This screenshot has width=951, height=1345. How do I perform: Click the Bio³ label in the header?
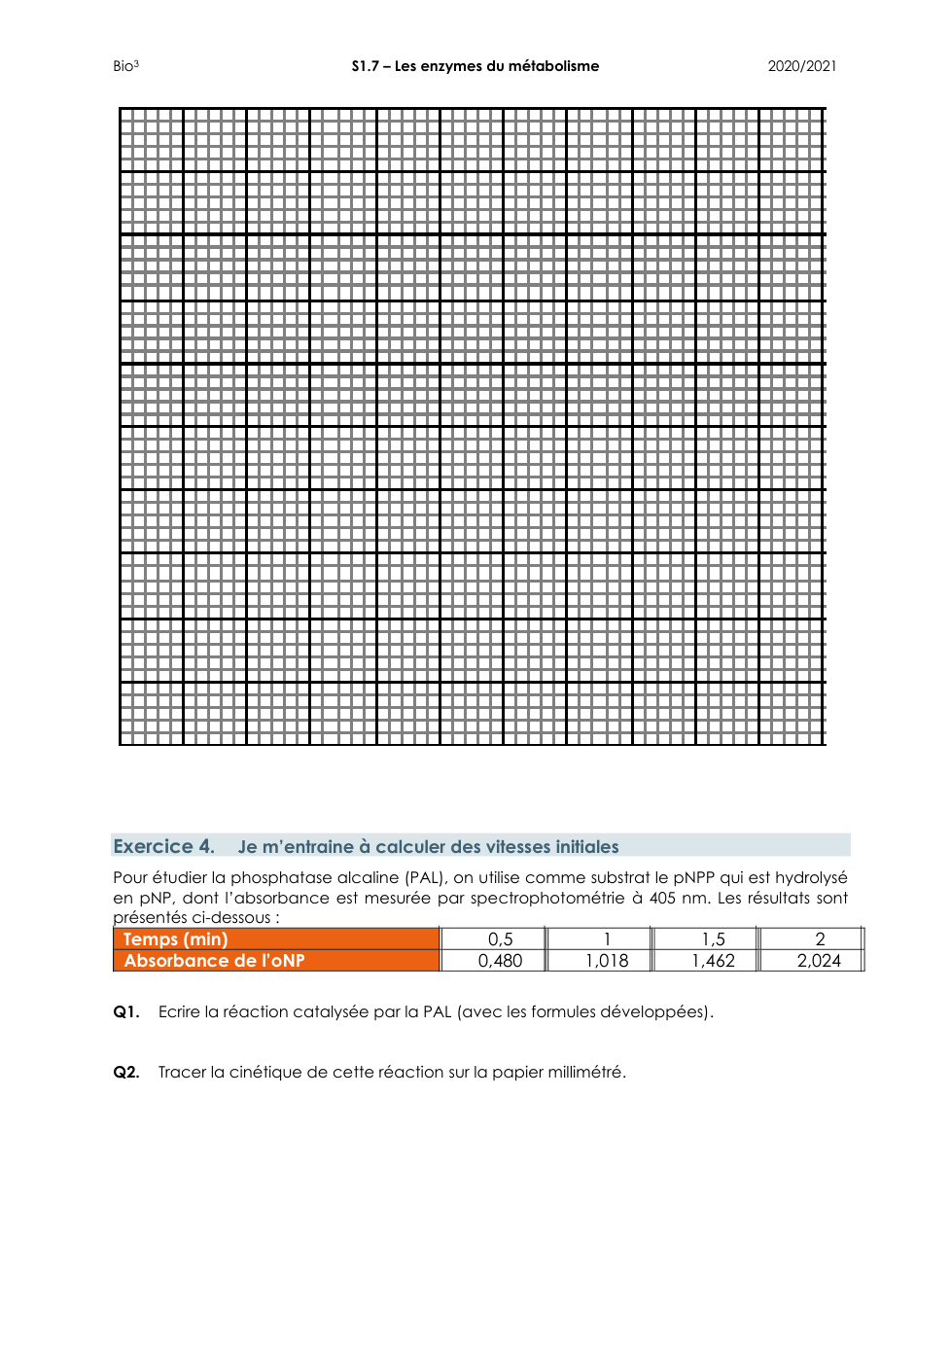[125, 66]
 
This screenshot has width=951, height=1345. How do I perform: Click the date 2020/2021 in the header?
[801, 66]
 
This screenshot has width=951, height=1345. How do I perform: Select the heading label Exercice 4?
[163, 846]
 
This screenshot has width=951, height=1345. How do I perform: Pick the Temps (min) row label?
[175, 939]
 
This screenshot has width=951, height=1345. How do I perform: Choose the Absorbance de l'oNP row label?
[214, 961]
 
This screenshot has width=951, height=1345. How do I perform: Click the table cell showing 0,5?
[500, 939]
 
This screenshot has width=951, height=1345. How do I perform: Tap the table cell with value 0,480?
[500, 961]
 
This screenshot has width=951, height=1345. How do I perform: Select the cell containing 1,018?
[607, 961]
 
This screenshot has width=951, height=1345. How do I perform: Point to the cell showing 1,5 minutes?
[713, 939]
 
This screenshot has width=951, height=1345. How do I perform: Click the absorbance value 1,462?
[713, 961]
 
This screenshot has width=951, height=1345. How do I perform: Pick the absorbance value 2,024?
[819, 961]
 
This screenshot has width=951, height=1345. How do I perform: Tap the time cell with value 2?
[820, 939]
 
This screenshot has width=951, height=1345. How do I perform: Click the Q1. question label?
[126, 1011]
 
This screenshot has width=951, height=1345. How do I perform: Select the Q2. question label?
[126, 1072]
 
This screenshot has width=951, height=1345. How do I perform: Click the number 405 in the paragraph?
[662, 898]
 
